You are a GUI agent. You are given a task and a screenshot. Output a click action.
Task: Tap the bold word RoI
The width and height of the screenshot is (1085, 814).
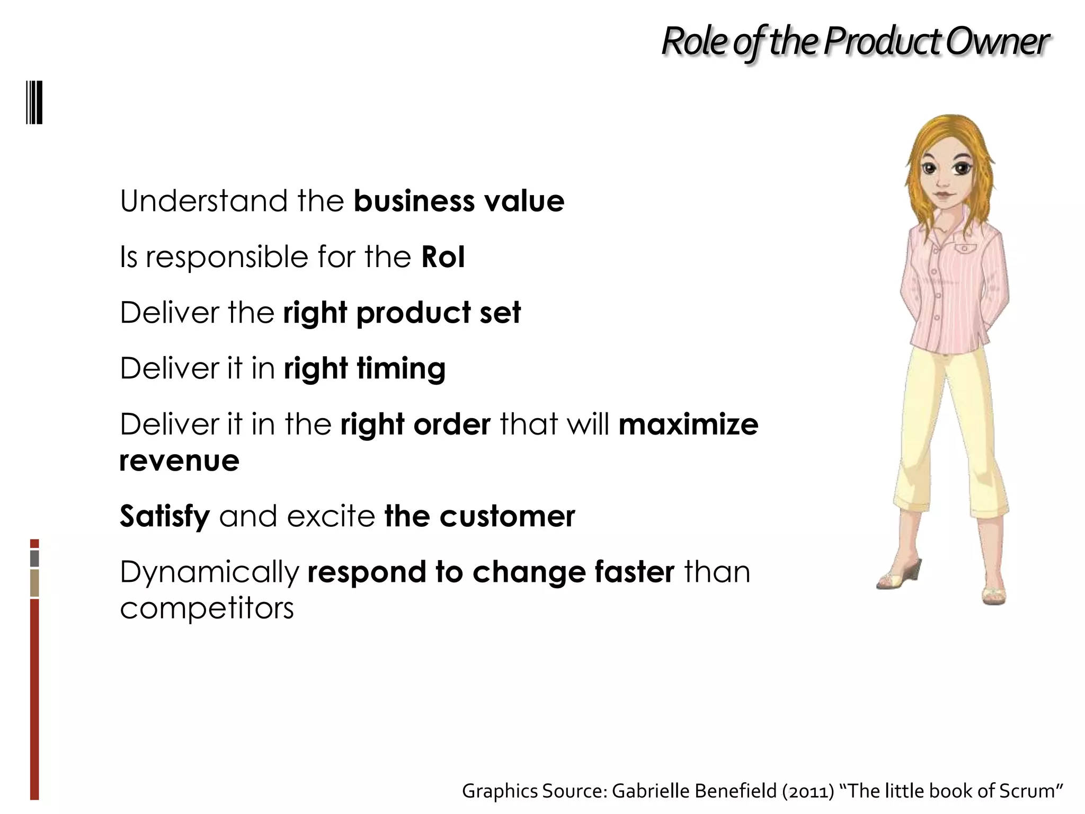coord(443,257)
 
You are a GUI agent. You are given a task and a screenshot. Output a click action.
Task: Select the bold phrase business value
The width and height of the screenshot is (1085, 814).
coord(459,201)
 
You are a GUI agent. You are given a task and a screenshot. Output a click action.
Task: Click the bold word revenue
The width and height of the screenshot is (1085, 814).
coord(179,460)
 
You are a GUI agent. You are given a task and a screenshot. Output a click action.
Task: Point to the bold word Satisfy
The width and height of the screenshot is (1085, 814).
coord(165,516)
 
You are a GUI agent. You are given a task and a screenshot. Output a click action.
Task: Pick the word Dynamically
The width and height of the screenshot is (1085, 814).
coord(210,572)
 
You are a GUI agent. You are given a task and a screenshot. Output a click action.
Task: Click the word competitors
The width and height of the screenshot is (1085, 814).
coord(207,608)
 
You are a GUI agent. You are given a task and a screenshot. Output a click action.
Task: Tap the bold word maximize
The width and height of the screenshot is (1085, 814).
coord(688,424)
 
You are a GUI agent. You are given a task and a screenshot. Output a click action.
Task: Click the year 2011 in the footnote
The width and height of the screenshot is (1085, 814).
coord(808,791)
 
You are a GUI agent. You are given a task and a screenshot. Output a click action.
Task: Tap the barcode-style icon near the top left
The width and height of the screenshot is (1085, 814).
coord(34,102)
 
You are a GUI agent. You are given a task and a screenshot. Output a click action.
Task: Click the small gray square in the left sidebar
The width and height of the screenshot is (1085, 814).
coord(34,559)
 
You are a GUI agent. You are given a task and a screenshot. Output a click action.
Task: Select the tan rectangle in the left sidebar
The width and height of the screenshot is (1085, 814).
coord(34,583)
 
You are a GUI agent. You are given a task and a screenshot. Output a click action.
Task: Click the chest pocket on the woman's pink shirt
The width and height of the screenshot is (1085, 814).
coord(964,249)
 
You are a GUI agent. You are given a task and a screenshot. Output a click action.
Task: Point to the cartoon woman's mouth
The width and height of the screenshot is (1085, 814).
coord(941,194)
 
